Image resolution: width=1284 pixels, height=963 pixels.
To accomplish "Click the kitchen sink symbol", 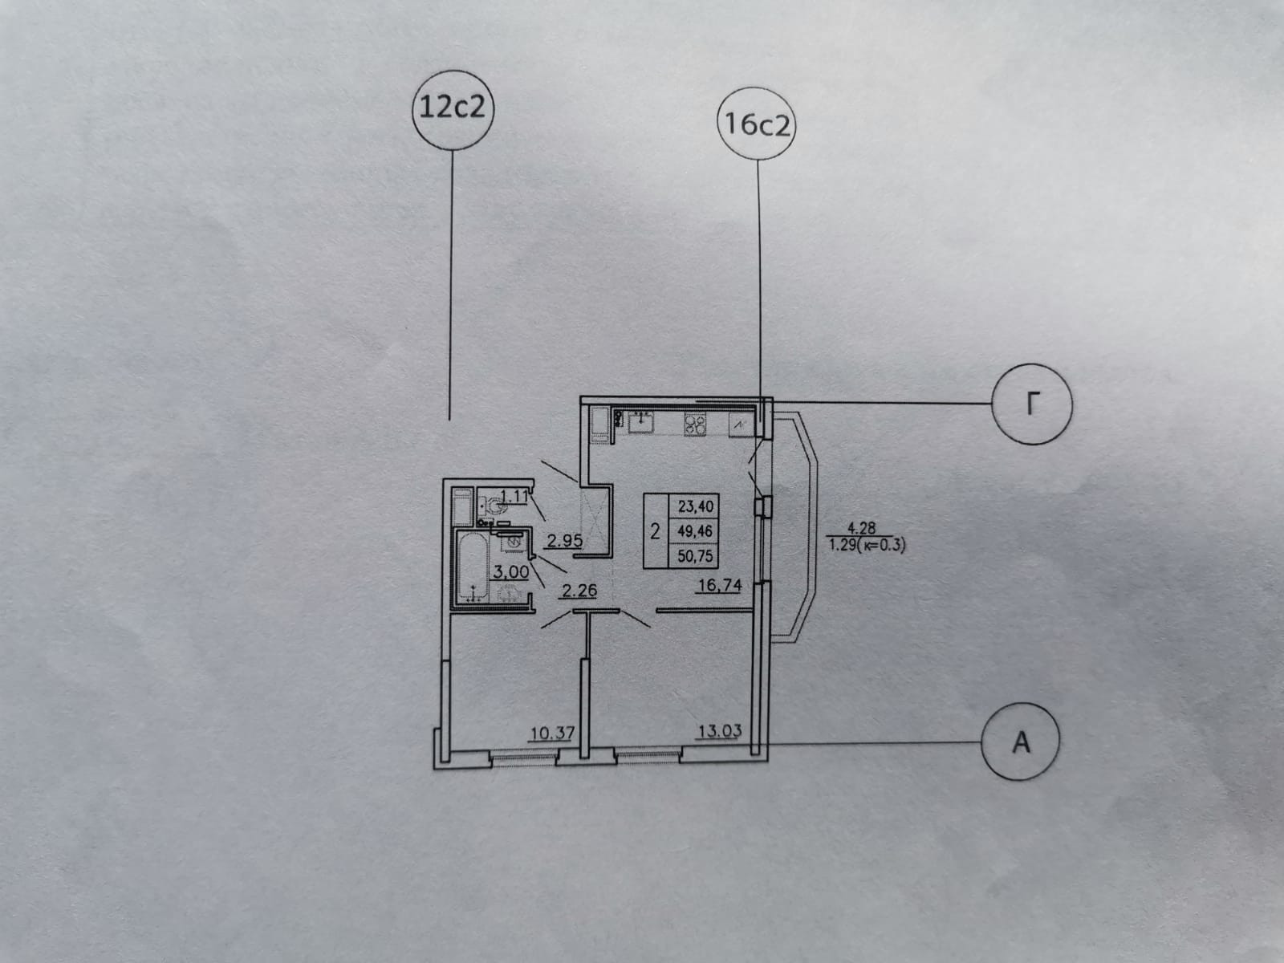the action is coord(640,422).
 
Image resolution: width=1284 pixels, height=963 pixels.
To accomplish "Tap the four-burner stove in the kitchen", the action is coord(695,424).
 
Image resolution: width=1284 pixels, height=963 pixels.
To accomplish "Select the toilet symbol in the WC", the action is coord(493,506).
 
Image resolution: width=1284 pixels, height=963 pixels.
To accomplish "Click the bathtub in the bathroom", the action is coord(472,566).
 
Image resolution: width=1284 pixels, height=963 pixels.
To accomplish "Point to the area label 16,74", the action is coord(719,585).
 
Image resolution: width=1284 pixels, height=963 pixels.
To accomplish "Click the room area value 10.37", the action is coord(552,733).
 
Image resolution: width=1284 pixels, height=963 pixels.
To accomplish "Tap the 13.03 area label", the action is coord(720,730).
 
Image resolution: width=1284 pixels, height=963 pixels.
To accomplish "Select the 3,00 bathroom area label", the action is coord(510,571).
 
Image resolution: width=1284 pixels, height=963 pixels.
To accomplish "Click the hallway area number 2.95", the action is coord(564,541).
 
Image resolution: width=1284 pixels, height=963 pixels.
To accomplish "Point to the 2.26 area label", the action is coord(579,591).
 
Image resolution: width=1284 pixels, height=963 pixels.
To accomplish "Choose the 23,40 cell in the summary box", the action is coord(694,506).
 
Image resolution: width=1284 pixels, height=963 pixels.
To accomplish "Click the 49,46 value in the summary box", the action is coord(694,531).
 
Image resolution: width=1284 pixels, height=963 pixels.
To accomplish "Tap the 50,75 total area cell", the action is coord(694,555).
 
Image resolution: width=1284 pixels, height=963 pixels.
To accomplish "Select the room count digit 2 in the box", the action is coord(655,531).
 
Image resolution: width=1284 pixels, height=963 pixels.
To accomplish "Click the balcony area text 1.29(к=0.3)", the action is coord(867,546).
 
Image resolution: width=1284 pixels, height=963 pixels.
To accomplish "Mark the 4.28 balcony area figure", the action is coord(861,528).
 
